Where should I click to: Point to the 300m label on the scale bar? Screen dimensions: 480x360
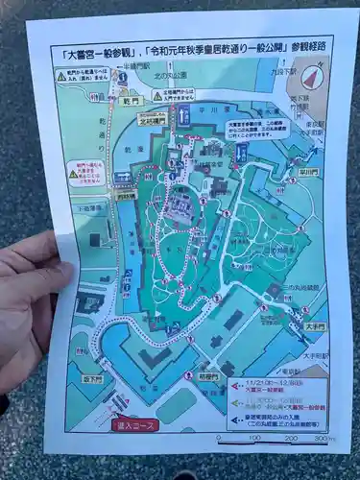point(324,438)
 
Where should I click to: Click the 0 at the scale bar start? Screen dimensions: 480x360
point(219,438)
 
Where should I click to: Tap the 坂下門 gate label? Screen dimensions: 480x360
point(93,378)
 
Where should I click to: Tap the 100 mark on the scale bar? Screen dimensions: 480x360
point(254,438)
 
